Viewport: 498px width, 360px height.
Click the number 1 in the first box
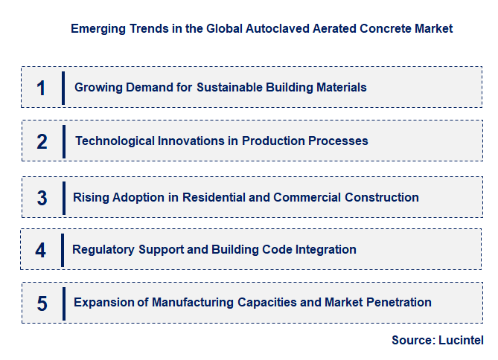(x=41, y=88)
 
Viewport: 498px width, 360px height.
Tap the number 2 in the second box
(x=42, y=141)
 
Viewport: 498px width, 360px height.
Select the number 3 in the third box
(x=42, y=198)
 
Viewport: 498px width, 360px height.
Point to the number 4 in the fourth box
(x=40, y=251)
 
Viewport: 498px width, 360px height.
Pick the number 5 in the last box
(x=42, y=303)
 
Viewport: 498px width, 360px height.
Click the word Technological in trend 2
(x=114, y=141)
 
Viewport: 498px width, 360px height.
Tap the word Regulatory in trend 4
(x=102, y=250)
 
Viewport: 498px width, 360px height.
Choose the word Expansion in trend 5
(x=103, y=302)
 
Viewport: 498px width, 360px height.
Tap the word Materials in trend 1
(x=341, y=87)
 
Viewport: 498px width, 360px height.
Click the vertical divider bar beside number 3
(x=63, y=198)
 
